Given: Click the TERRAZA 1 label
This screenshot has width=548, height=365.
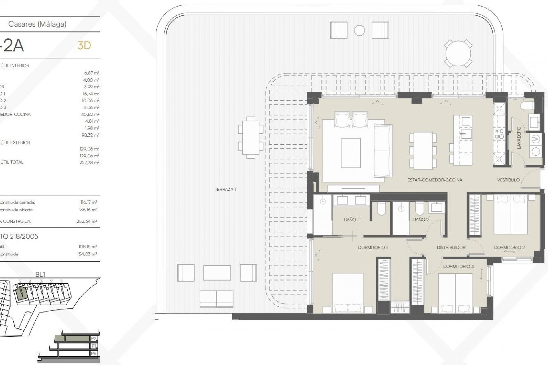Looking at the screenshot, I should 225,189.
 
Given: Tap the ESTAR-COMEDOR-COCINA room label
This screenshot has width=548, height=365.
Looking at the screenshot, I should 434,180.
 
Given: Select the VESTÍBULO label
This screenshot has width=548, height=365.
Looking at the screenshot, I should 508,180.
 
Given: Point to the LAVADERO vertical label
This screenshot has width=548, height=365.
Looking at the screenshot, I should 519,138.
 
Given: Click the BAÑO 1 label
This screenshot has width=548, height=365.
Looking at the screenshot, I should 351,220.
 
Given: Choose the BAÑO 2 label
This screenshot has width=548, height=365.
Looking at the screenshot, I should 421,220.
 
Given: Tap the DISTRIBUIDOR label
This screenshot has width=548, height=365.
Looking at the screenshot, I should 451,248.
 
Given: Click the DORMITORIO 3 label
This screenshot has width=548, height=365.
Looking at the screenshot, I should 458,266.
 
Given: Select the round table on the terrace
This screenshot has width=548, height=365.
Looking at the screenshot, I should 458,54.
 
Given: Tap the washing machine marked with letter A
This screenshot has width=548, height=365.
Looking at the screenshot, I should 536,139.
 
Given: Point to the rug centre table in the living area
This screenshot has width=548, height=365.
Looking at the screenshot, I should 351,153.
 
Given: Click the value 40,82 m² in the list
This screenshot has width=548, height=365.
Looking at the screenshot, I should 90,114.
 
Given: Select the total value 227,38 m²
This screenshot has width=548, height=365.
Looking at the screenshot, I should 89,163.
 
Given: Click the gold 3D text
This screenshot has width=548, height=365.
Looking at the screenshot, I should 84,46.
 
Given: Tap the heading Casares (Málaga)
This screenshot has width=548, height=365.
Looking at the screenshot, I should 37,24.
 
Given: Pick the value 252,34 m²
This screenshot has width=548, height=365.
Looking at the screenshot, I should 87,221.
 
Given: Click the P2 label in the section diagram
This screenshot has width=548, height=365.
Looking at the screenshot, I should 94,338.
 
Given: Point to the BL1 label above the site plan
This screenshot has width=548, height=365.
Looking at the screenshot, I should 40,274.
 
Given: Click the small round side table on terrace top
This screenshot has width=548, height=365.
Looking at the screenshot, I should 359,31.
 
